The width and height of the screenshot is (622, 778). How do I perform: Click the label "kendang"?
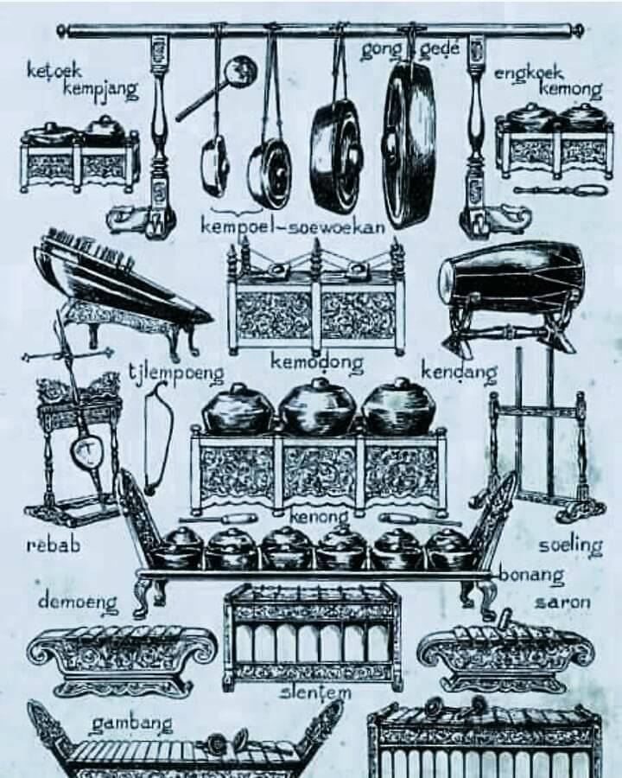[459, 372]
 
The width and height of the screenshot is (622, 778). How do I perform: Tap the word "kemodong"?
[317, 362]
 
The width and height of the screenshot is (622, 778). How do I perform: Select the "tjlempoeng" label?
[176, 373]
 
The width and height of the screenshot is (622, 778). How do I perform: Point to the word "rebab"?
[53, 545]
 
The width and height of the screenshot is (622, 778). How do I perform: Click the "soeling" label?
[571, 545]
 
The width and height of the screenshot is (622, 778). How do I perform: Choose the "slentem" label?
[316, 692]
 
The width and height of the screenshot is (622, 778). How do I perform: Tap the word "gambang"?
[132, 724]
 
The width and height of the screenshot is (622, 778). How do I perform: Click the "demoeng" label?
[79, 603]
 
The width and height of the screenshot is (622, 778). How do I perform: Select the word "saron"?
[563, 603]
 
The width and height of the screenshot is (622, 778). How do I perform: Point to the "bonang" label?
[531, 576]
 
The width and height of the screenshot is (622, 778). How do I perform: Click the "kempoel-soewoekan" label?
[293, 226]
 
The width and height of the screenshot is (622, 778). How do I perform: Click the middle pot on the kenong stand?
[318, 407]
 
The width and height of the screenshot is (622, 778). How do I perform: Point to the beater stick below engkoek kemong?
[561, 190]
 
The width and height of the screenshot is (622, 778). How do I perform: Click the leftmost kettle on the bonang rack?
[182, 547]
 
